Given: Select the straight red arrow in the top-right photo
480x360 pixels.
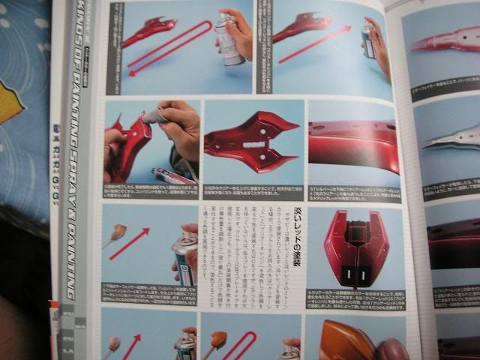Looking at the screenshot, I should tap(314, 46).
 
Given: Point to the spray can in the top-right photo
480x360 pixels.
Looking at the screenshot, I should tap(367, 41).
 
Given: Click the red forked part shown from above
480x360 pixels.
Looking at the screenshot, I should tap(251, 139).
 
